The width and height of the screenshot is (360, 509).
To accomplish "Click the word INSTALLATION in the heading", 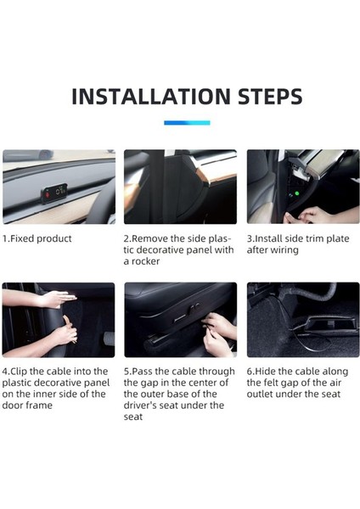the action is point(151,97).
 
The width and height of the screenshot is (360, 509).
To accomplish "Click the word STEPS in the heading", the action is point(270,97).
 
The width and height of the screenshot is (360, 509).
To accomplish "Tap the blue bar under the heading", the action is point(187,123).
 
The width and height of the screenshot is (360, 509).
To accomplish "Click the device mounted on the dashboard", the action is point(54,193).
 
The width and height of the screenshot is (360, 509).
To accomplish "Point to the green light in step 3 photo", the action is point(296,193).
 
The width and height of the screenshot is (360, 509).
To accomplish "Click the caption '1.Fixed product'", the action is point(37,239).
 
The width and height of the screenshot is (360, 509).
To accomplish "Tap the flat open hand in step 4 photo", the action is point(56,299).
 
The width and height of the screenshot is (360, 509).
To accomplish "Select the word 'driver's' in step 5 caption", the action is point(138,406).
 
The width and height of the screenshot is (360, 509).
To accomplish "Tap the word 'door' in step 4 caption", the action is point(13,406).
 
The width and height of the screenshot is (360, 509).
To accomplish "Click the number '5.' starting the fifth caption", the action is point(127,372).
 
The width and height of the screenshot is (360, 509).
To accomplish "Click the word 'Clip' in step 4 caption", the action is point(19,372).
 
